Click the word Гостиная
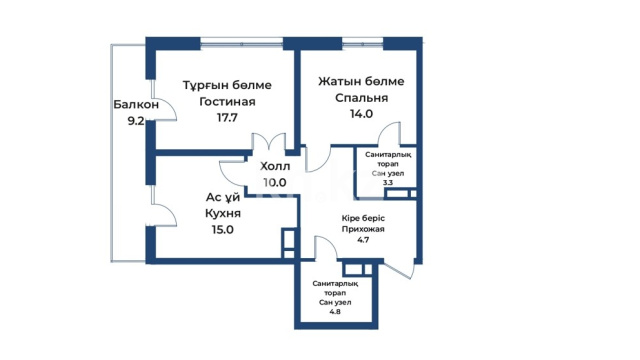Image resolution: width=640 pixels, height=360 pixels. [227, 101]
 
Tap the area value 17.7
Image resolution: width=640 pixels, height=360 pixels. [227, 118]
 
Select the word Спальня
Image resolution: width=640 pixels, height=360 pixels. [362, 98]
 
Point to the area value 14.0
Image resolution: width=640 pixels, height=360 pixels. [362, 114]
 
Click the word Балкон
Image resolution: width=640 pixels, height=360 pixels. [136, 105]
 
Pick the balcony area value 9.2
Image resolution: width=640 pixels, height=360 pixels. [136, 121]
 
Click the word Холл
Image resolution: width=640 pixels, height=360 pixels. [275, 167]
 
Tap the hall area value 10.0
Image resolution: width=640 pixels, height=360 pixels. [275, 183]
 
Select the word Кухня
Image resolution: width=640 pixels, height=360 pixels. [223, 213]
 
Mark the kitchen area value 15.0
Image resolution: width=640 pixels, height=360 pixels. [222, 230]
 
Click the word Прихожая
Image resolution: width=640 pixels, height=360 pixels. [363, 229]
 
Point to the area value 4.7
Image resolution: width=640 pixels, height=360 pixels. [363, 240]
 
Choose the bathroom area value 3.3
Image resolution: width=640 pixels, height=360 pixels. [388, 183]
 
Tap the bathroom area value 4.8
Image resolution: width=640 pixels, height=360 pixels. [335, 312]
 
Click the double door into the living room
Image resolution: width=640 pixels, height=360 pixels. [269, 141]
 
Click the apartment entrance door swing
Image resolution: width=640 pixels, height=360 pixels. [399, 270]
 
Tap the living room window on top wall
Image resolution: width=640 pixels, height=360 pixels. [242, 44]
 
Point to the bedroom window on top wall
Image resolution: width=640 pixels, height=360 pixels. [362, 44]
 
